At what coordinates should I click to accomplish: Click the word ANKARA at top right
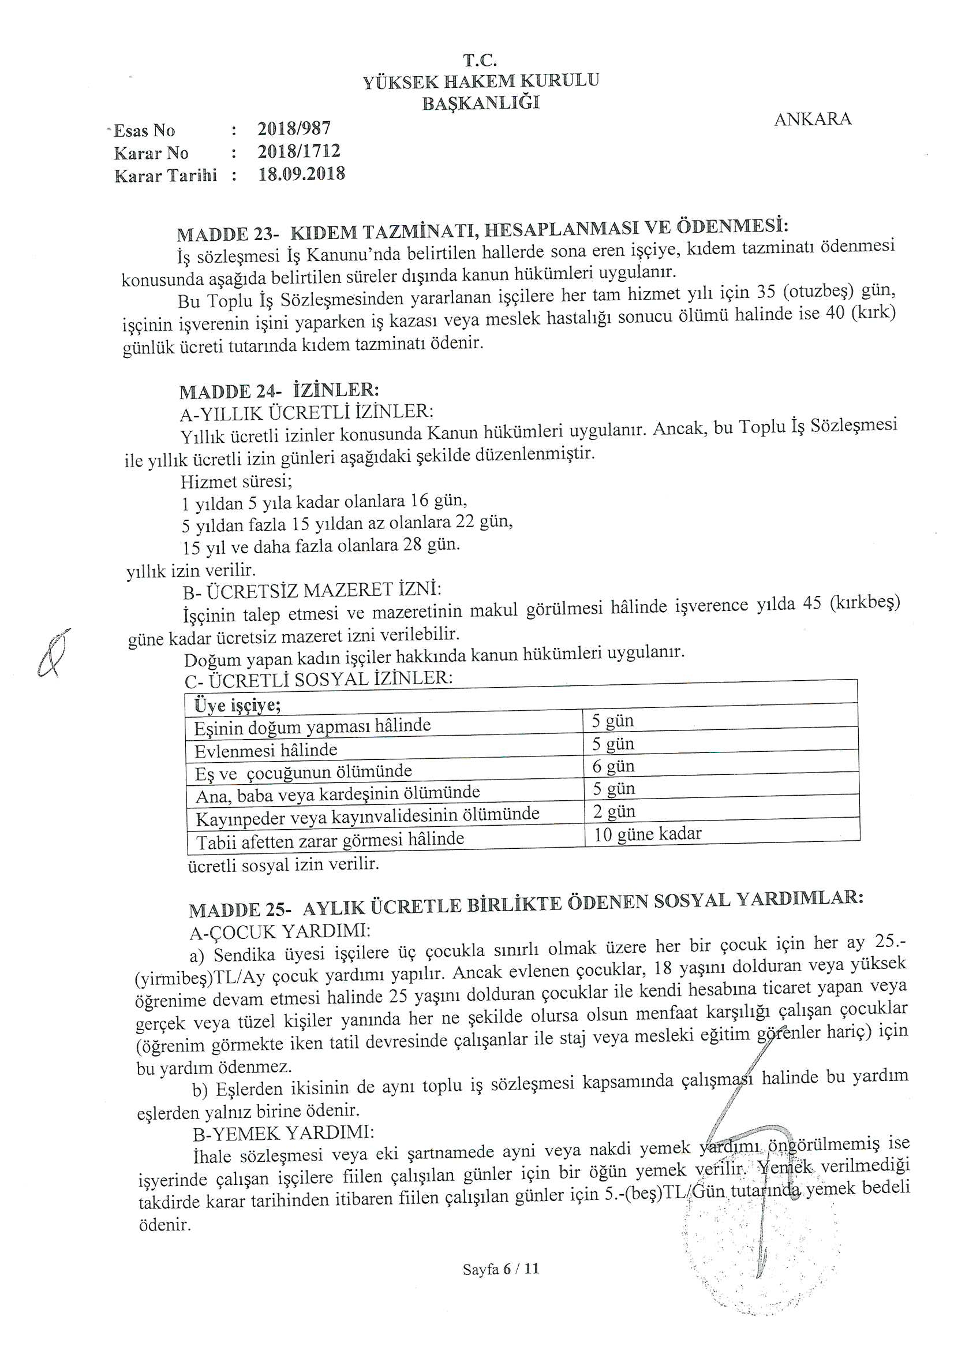click(812, 120)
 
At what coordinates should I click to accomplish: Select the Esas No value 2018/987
click(294, 128)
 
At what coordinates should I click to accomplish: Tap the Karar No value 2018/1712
click(298, 151)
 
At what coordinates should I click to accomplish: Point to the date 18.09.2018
click(301, 174)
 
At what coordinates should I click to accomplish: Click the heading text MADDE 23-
click(227, 234)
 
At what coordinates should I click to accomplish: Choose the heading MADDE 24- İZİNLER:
click(279, 390)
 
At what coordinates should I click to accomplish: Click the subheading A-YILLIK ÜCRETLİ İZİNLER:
click(306, 412)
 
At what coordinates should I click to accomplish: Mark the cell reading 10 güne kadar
click(647, 834)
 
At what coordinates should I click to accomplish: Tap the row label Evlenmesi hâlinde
click(265, 751)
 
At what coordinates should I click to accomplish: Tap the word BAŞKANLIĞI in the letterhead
click(480, 103)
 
